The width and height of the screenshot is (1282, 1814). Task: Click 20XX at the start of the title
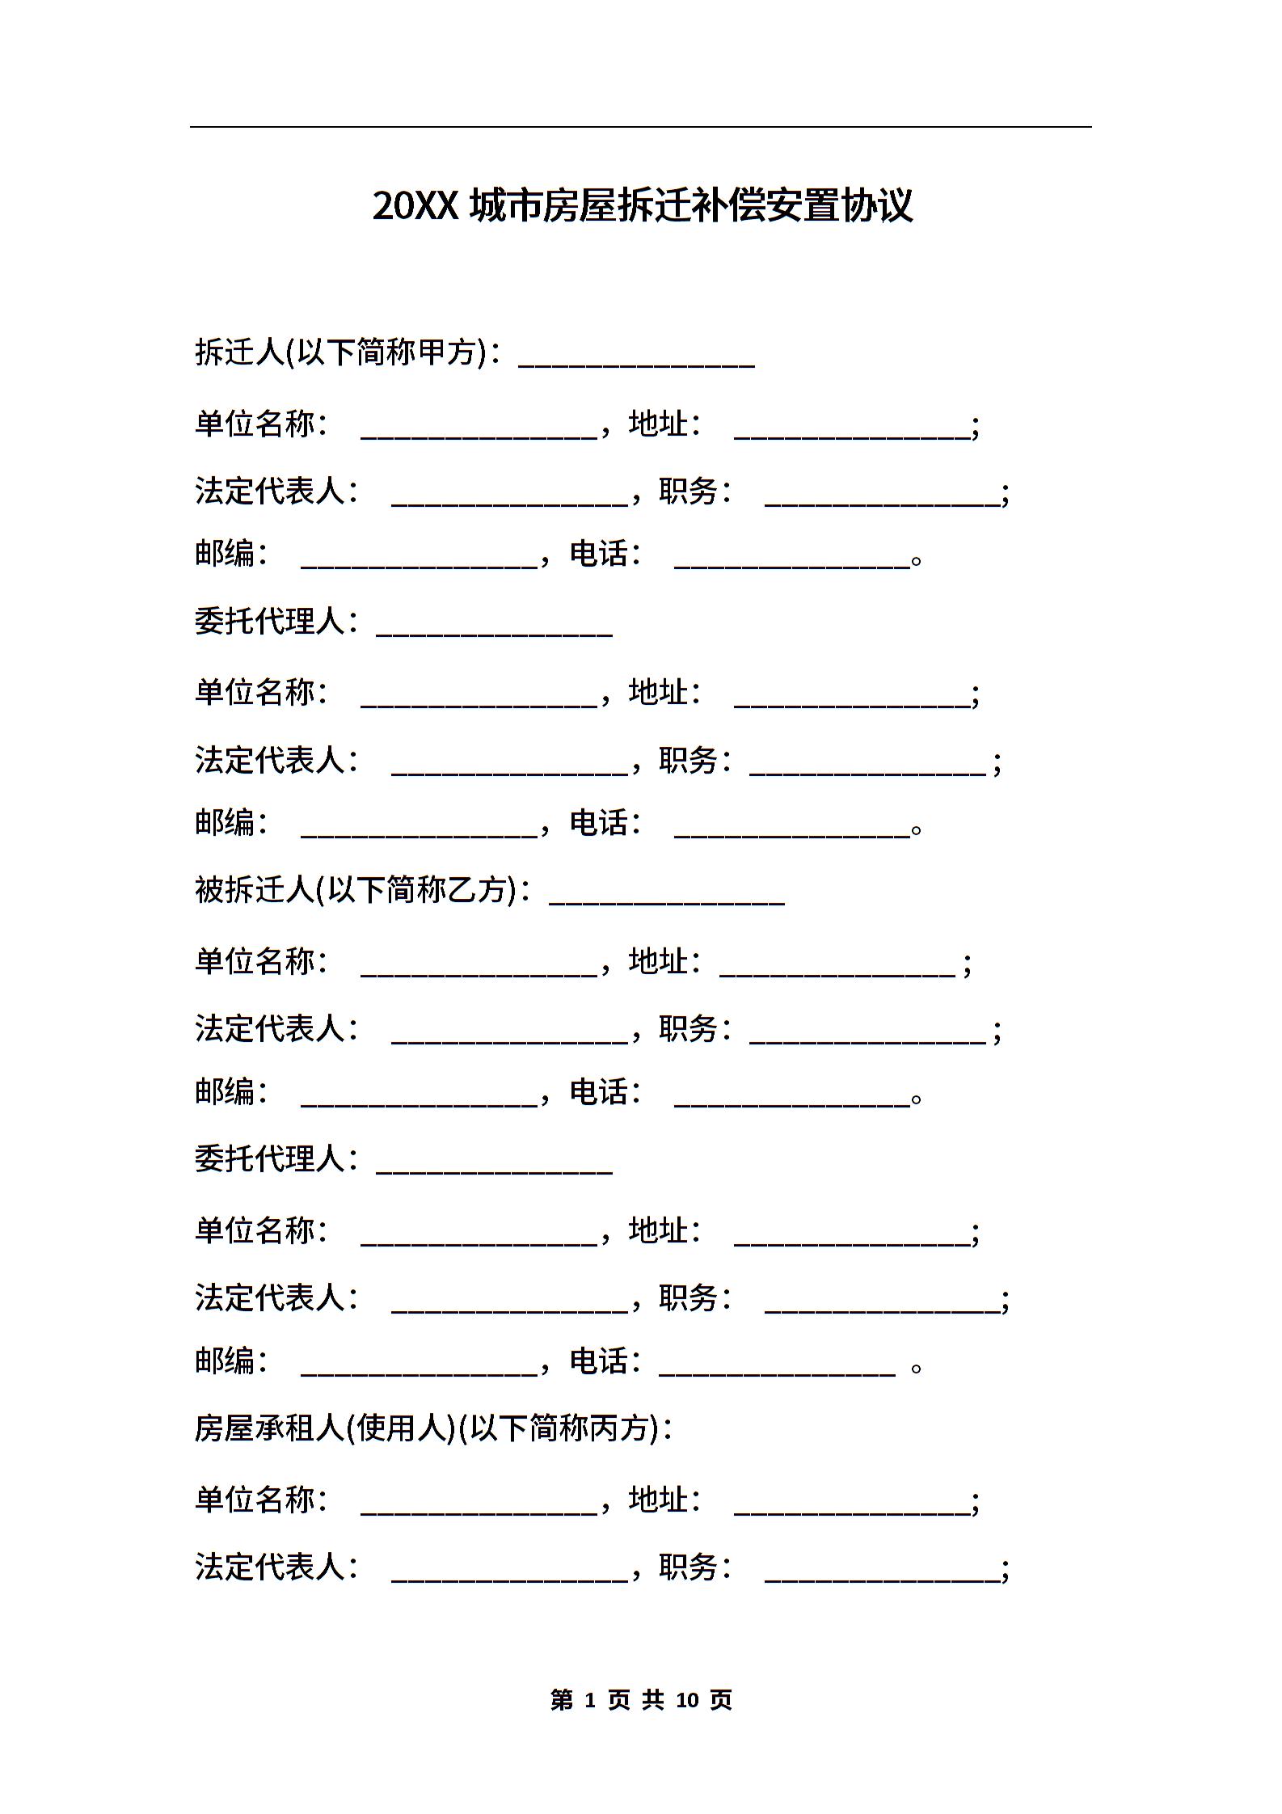pos(415,206)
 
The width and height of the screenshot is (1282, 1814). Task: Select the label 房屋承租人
pos(269,1428)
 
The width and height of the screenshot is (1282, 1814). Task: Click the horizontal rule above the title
pos(641,127)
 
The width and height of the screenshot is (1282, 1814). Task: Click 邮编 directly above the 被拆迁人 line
pos(225,823)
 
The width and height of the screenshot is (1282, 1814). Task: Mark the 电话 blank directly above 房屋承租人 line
pos(778,1375)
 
